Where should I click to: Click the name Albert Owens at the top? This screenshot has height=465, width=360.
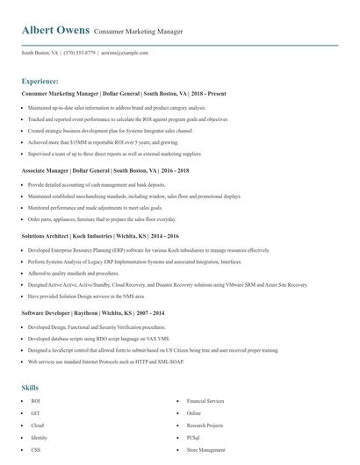click(55, 31)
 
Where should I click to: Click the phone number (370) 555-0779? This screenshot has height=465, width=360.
click(80, 53)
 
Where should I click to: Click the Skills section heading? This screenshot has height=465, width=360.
click(30, 387)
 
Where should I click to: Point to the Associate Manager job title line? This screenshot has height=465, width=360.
click(104, 170)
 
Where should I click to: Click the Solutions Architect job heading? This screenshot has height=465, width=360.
click(99, 236)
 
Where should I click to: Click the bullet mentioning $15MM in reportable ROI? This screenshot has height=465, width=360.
click(103, 141)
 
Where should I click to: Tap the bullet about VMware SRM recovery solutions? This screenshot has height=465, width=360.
click(168, 284)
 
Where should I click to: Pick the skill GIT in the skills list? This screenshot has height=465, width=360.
click(35, 412)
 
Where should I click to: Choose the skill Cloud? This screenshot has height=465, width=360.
click(37, 425)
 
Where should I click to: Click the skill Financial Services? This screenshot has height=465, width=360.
click(205, 400)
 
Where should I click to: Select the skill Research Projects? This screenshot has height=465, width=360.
click(205, 425)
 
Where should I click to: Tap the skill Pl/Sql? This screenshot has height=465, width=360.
click(194, 437)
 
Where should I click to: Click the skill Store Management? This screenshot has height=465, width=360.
click(206, 449)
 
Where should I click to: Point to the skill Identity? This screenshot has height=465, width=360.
click(39, 437)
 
